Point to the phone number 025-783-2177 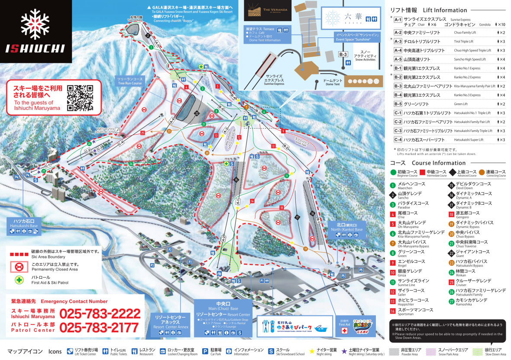(100, 328)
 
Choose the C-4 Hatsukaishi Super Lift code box (398, 139)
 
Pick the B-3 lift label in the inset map (343, 54)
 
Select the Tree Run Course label (130, 81)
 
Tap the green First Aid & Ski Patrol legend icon (18, 280)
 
